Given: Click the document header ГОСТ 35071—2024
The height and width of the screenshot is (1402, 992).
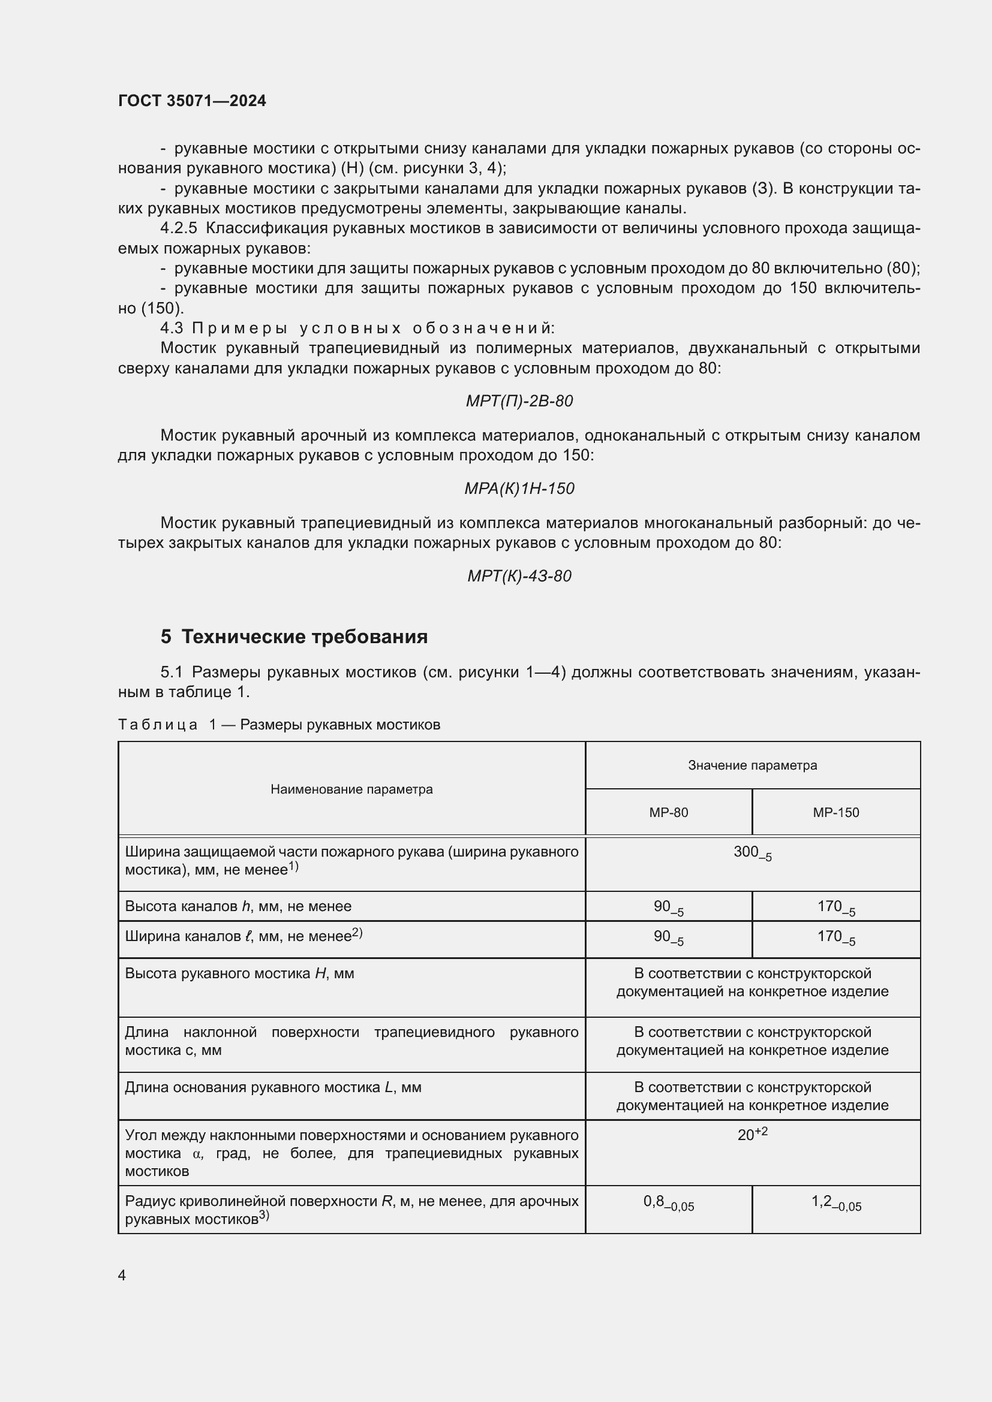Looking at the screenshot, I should pos(192,101).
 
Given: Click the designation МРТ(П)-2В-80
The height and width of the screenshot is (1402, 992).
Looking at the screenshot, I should pos(519,401).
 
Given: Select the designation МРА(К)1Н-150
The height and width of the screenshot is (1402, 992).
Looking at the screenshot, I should pos(519,489).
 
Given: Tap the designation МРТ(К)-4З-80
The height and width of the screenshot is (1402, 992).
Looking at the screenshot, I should pos(519,576).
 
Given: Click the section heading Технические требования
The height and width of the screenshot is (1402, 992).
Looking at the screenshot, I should pos(304,637).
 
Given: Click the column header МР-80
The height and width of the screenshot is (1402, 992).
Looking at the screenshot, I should pos(668,813).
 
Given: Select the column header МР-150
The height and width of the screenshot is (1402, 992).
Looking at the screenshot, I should pos(835,813).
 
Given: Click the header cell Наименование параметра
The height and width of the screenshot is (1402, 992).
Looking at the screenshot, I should pos(351,789).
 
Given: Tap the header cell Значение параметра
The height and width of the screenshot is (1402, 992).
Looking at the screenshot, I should pos(752,765).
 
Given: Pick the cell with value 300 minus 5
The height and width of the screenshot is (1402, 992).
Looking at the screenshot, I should pos(752,853).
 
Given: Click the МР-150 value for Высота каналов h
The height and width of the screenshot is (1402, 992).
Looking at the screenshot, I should pos(835,907).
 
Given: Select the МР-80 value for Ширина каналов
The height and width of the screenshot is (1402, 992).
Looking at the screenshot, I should pos(668,937).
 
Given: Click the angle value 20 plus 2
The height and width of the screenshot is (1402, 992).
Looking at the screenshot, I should pos(752,1135).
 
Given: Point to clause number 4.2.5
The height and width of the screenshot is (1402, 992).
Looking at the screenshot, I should pos(178,228).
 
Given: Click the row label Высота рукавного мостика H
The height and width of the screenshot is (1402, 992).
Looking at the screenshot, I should pos(239,973).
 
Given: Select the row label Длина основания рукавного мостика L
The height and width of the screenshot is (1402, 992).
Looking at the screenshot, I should pos(273,1087).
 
